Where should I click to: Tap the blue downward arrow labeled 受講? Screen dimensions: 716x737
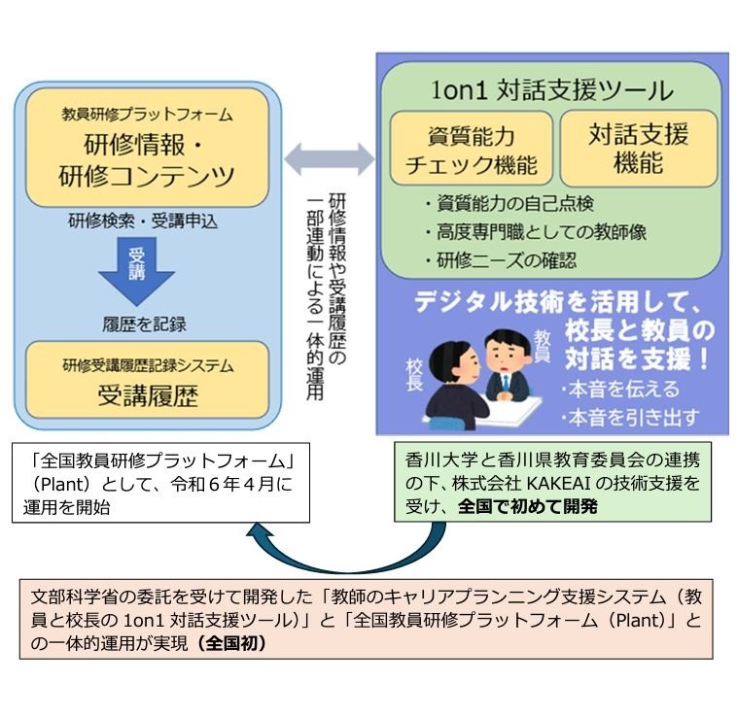coord(136,269)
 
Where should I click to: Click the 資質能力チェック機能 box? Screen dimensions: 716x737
coord(471,149)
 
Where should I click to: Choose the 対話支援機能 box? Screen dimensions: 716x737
coord(638,148)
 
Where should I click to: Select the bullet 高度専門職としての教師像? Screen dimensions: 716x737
coord(535,232)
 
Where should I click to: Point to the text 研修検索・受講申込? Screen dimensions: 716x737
coord(142,222)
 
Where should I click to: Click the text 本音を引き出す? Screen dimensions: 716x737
coord(627,419)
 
